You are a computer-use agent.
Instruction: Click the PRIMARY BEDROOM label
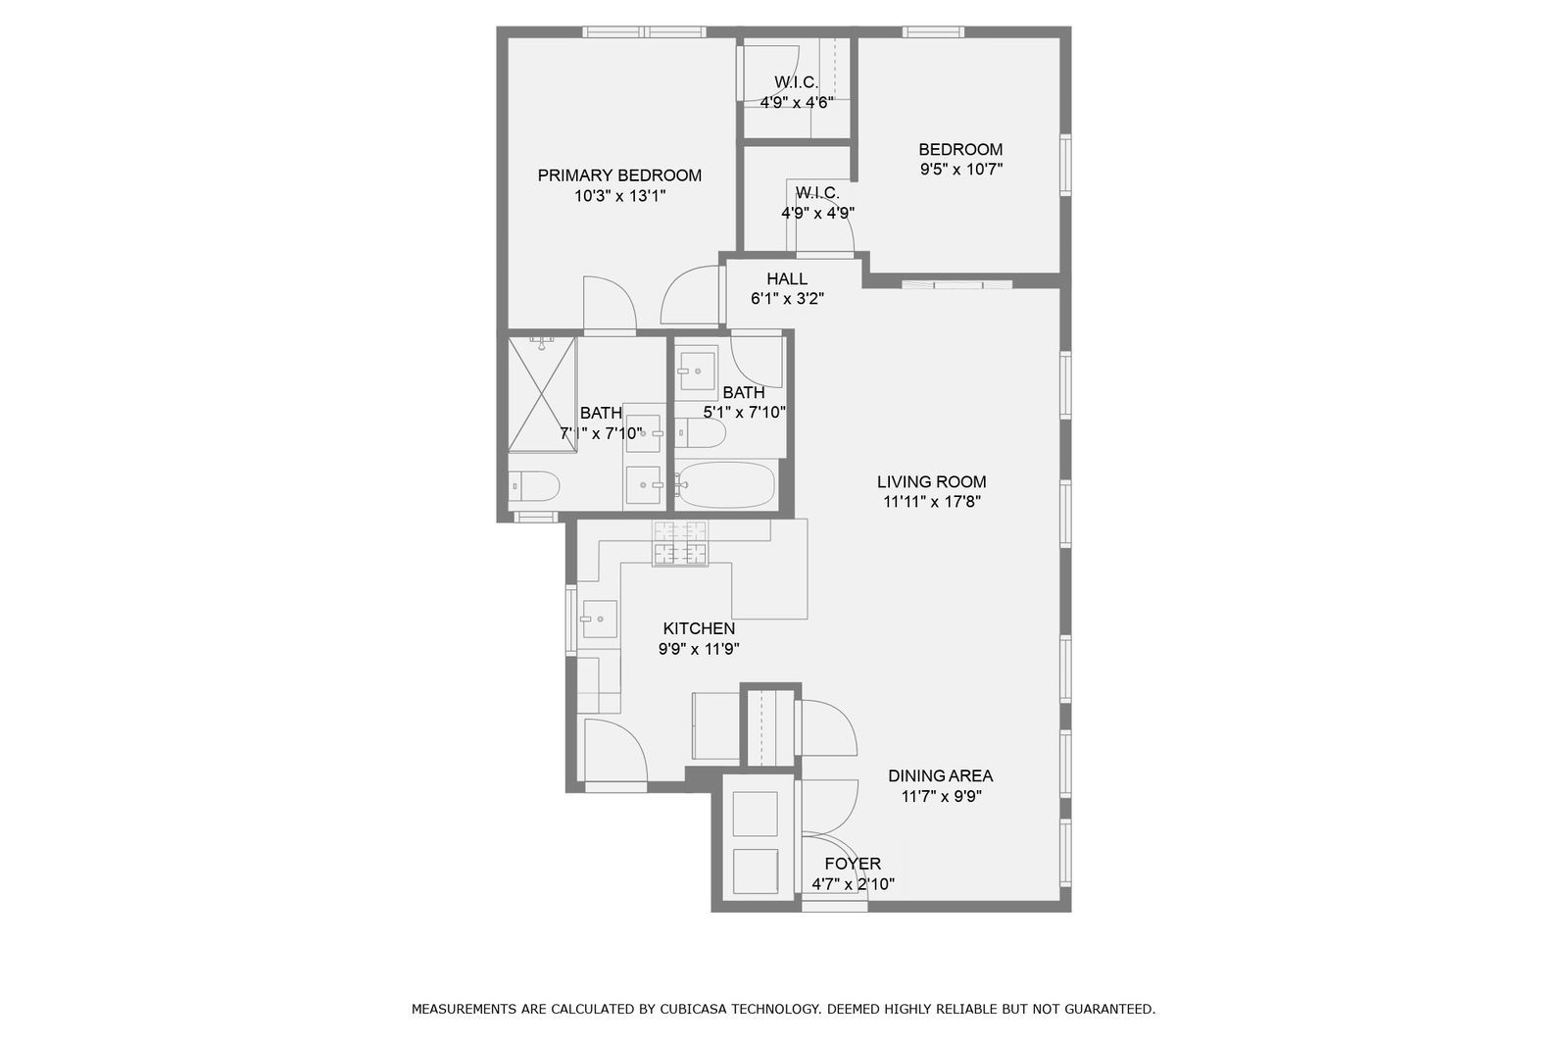[x=619, y=175]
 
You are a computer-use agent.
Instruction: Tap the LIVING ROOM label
[x=932, y=482]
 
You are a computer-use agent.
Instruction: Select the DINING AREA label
[x=940, y=776]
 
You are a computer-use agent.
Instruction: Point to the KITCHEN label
[x=699, y=629]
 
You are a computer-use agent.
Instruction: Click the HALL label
[x=787, y=278]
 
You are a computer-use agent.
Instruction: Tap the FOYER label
[x=853, y=864]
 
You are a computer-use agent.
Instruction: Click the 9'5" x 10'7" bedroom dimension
[x=961, y=170]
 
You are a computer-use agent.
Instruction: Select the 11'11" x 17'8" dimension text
[x=932, y=502]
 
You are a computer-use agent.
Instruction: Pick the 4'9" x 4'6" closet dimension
[x=797, y=103]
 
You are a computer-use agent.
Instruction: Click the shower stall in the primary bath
[x=542, y=394]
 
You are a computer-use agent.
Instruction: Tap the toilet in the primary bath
[x=533, y=485]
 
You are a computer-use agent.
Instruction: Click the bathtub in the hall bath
[x=726, y=484]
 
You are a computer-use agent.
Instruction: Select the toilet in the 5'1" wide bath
[x=700, y=433]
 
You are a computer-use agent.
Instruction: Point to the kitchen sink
[x=599, y=620]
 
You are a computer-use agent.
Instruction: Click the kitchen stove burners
[x=679, y=543]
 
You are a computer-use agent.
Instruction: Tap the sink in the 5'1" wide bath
[x=697, y=372]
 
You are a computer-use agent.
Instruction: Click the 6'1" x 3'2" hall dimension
[x=787, y=299]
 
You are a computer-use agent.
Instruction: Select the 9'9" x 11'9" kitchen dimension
[x=699, y=649]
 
